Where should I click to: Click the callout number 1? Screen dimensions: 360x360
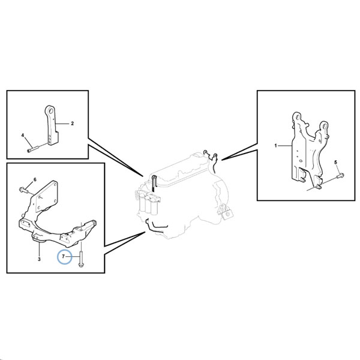click(x=276, y=146)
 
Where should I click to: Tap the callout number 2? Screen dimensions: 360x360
click(x=73, y=124)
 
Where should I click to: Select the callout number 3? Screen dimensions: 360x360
click(x=39, y=259)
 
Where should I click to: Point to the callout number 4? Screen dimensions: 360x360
click(x=23, y=135)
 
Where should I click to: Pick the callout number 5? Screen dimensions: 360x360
click(x=335, y=163)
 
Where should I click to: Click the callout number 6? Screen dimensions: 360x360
click(x=35, y=179)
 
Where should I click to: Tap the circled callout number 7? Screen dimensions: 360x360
click(x=64, y=256)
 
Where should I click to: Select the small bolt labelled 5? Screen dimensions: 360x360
click(x=340, y=176)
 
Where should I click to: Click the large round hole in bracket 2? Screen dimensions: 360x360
click(x=51, y=111)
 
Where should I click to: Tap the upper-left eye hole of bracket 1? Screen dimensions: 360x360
click(x=298, y=118)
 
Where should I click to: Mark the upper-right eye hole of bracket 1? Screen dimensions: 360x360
click(x=325, y=126)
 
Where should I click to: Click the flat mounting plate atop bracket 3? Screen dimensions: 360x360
click(x=46, y=197)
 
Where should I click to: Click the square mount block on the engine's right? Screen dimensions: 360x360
click(x=228, y=214)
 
